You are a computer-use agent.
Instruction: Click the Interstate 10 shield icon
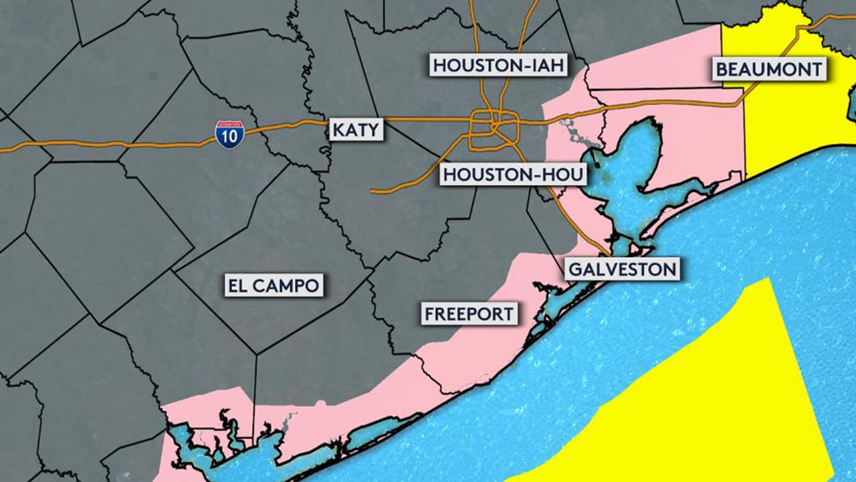[229, 135]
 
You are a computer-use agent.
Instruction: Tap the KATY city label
[356, 129]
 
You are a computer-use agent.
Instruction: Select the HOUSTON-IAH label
[499, 66]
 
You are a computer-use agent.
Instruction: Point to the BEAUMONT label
[768, 70]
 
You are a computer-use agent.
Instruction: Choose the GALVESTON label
[623, 270]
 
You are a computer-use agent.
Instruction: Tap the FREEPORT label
[469, 313]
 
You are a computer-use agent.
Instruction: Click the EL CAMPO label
[274, 286]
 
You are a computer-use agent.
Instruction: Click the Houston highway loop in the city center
[494, 127]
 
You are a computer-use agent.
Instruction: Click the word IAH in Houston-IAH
[544, 66]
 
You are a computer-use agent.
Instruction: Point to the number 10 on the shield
[229, 137]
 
